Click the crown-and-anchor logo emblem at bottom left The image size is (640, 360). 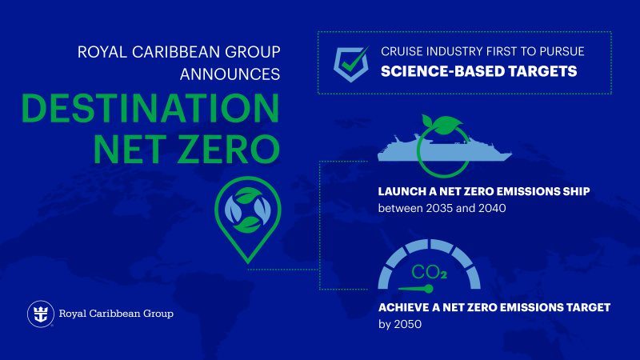click(39, 314)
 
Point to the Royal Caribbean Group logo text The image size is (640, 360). click(115, 314)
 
